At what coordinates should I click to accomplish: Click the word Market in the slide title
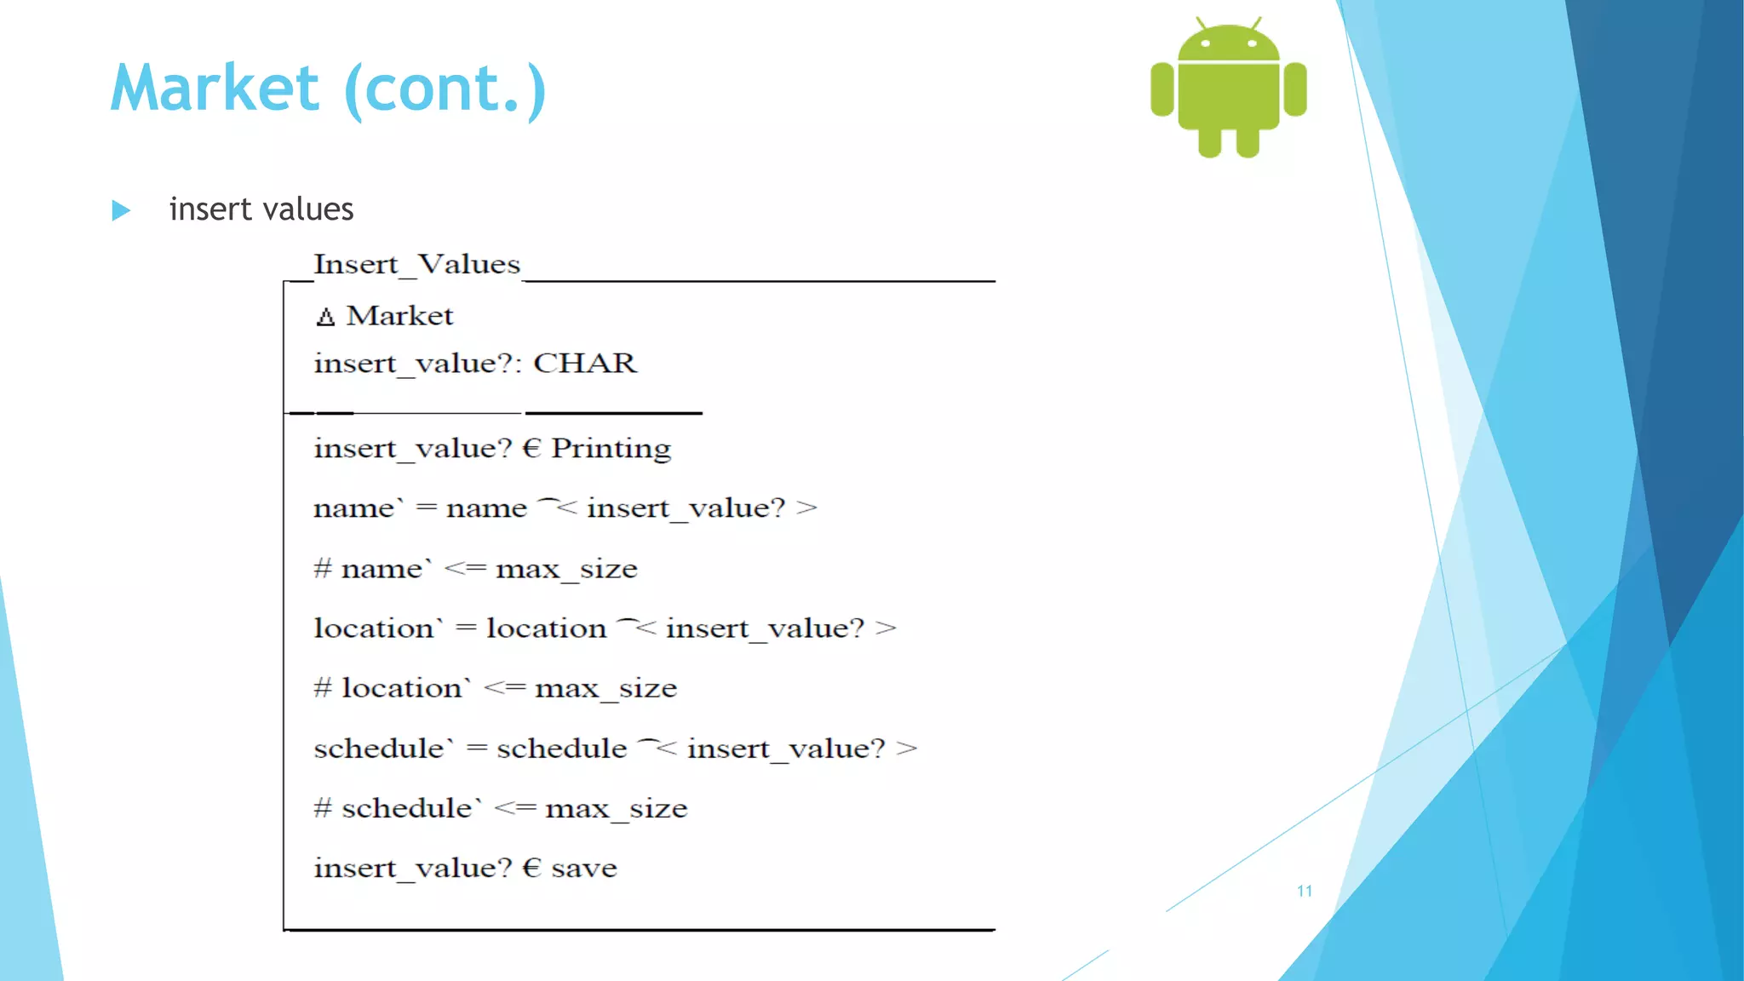[x=215, y=89]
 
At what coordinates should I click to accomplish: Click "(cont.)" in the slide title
[x=445, y=90]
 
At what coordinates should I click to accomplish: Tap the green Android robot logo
[x=1228, y=89]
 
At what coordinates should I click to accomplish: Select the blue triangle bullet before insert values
[x=121, y=210]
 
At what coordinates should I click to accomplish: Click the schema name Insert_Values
[x=416, y=264]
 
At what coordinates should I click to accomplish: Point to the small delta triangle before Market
[x=325, y=318]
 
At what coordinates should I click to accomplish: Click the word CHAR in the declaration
[x=585, y=364]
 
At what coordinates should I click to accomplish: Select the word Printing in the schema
[x=611, y=449]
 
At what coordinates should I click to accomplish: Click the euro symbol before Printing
[x=531, y=449]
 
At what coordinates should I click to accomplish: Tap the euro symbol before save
[x=531, y=868]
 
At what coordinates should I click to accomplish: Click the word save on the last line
[x=584, y=869]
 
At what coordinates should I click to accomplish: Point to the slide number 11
[x=1304, y=891]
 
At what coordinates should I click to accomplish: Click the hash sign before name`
[x=322, y=568]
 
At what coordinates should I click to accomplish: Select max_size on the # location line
[x=605, y=688]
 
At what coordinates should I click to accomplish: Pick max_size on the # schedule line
[x=616, y=808]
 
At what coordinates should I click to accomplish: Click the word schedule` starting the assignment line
[x=382, y=749]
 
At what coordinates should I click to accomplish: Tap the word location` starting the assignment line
[x=377, y=628]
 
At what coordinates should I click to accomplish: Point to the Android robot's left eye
[x=1205, y=43]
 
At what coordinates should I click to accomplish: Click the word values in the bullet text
[x=308, y=209]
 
